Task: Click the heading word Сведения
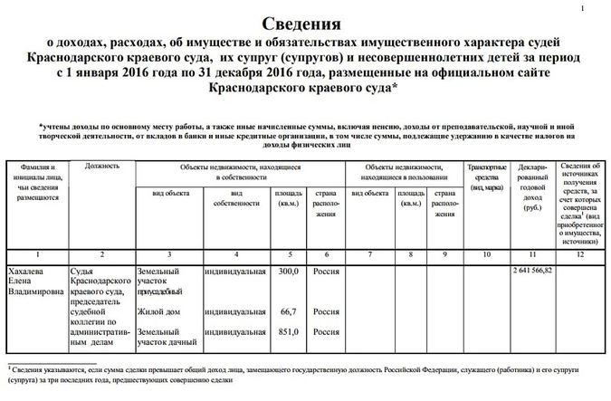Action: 306,23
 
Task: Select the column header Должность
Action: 101,167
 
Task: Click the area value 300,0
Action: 287,270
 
